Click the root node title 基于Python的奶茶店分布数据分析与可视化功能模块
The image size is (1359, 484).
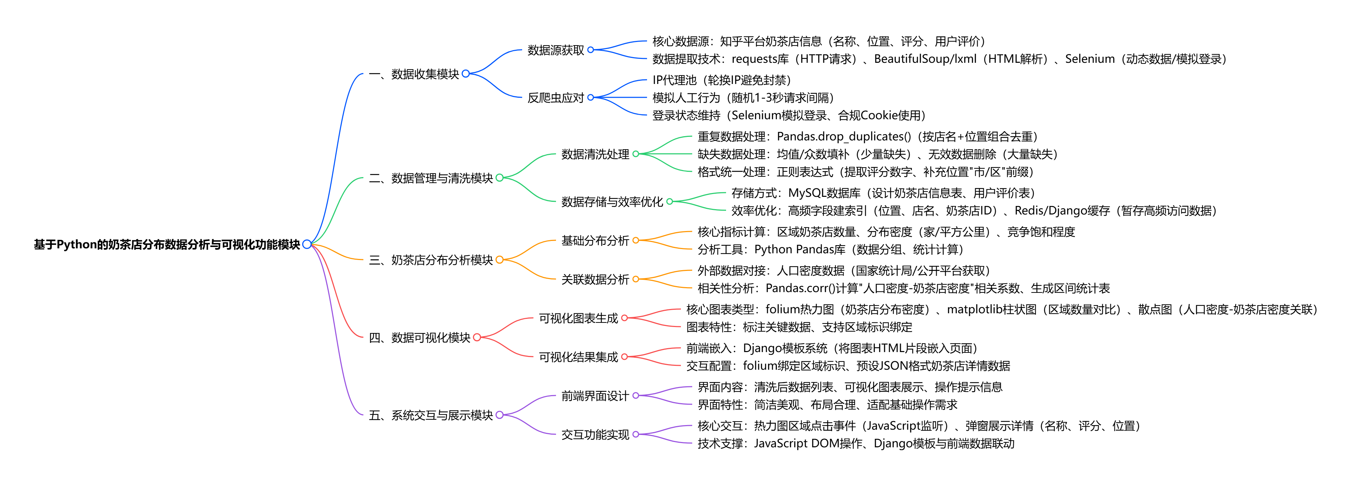point(167,244)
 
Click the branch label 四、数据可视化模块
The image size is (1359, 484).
point(419,338)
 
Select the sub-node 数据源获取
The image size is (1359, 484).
point(556,50)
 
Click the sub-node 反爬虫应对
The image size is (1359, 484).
point(556,97)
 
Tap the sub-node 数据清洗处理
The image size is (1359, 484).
point(595,154)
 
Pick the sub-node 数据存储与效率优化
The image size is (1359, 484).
point(612,201)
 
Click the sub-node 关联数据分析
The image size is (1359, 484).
point(595,279)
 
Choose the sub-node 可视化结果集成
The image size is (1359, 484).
point(578,357)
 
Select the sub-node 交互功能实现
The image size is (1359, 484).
point(595,435)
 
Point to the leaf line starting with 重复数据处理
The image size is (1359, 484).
point(867,137)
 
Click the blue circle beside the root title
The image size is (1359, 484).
point(307,244)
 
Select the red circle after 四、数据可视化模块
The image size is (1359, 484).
point(477,338)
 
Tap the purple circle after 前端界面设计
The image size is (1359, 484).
point(636,395)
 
